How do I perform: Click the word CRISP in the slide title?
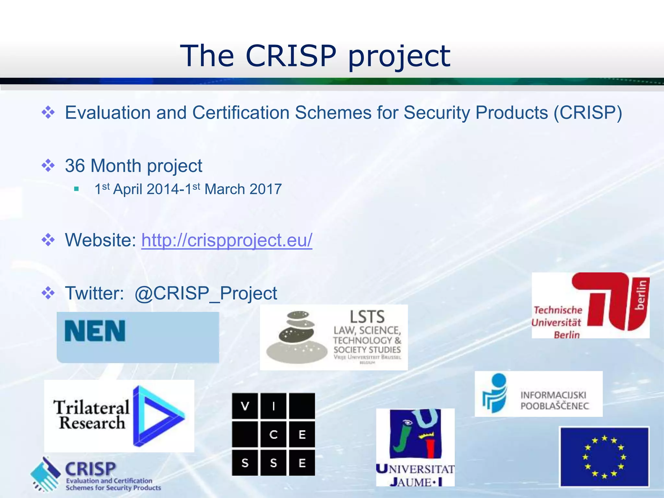point(291,56)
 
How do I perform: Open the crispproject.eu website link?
point(227,240)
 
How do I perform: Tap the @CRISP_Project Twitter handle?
point(206,293)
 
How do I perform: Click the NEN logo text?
point(95,331)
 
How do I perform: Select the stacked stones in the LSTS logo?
point(296,337)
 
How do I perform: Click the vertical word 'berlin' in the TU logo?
point(641,295)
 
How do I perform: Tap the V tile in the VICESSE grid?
point(245,406)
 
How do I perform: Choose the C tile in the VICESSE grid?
point(273,434)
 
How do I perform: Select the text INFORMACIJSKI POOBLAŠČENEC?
point(554,400)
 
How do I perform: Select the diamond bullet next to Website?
point(48,240)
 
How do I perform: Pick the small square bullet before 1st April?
point(77,189)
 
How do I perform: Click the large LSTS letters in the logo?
point(367,317)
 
